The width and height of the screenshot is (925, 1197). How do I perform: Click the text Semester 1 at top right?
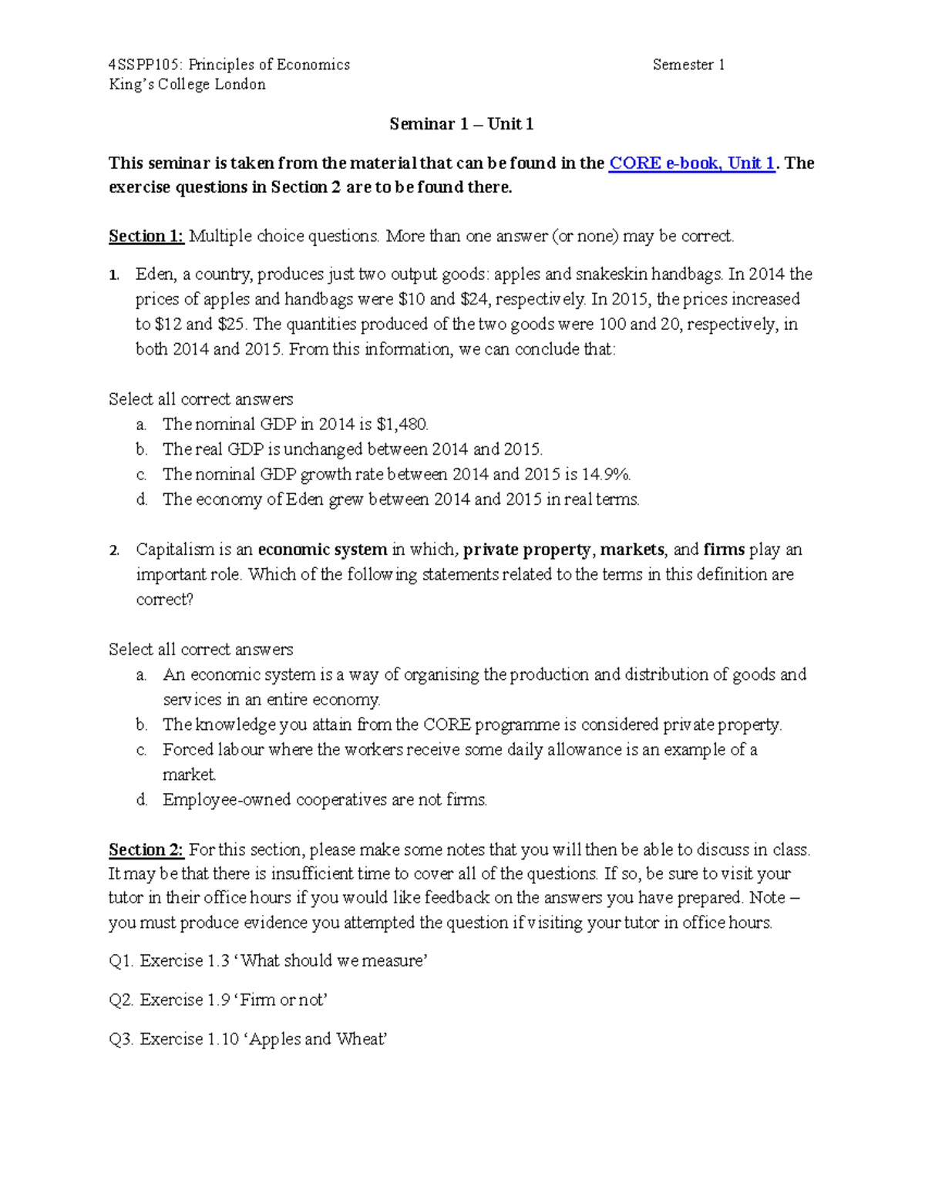click(688, 65)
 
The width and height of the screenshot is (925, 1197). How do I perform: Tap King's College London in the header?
click(187, 85)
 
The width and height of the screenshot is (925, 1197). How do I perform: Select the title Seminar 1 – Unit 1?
click(461, 124)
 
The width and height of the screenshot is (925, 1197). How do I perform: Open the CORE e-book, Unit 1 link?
click(691, 163)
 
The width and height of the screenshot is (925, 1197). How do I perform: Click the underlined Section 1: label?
click(146, 237)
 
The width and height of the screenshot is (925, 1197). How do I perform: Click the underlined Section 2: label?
click(146, 850)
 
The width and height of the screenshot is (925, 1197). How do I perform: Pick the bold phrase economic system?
click(322, 550)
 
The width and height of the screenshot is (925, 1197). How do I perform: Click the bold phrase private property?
click(526, 550)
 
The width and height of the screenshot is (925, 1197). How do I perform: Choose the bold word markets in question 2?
click(632, 550)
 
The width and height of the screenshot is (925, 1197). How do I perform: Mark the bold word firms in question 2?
click(724, 550)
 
